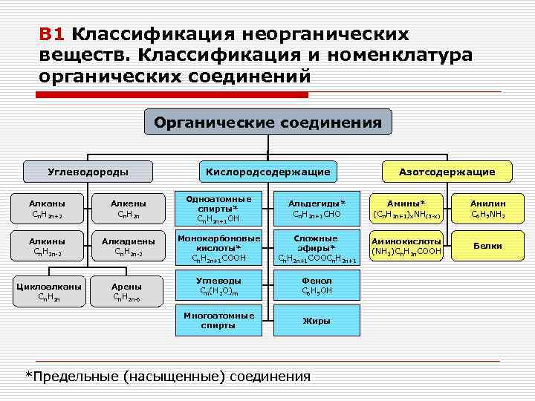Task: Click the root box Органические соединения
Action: [267, 123]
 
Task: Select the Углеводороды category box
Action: [88, 172]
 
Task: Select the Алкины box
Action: [47, 247]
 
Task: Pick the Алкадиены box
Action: [129, 247]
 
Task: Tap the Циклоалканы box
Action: [47, 290]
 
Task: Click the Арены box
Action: [129, 290]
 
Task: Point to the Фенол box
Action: [317, 286]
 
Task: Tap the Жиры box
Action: [317, 321]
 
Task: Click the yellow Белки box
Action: [488, 246]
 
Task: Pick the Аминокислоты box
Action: [406, 246]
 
